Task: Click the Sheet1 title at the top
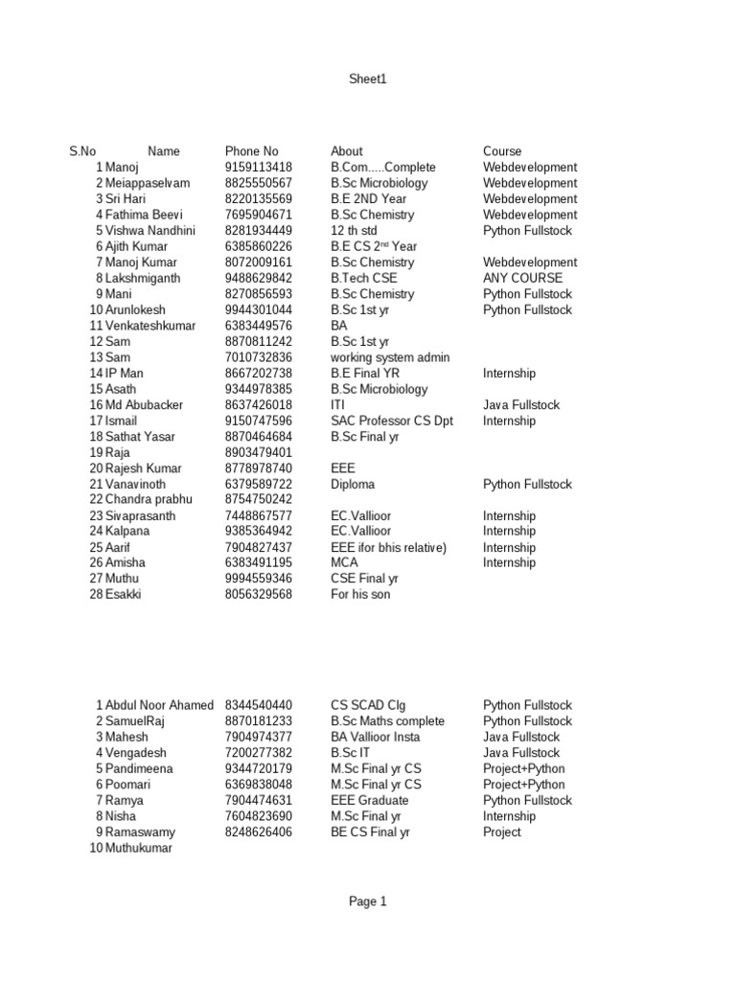[368, 80]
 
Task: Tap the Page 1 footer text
[368, 901]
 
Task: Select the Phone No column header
[251, 151]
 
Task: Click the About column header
[346, 151]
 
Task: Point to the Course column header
[502, 151]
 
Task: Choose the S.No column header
[82, 151]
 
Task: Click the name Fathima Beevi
[144, 215]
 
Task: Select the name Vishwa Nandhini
[150, 231]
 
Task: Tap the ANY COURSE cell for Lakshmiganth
[522, 279]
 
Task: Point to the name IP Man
[127, 374]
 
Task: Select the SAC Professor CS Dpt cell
[392, 421]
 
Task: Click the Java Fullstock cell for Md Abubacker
[521, 405]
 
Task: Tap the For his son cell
[360, 595]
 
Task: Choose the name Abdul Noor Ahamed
[159, 705]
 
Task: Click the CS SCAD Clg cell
[368, 705]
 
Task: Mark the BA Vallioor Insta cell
[375, 737]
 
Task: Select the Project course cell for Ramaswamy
[502, 833]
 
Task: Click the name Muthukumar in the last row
[139, 849]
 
